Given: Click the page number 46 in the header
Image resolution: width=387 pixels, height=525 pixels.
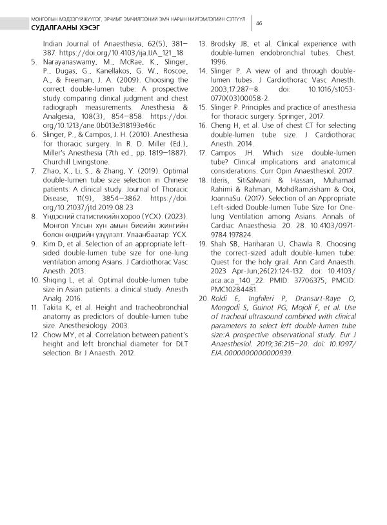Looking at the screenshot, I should point(258,23).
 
